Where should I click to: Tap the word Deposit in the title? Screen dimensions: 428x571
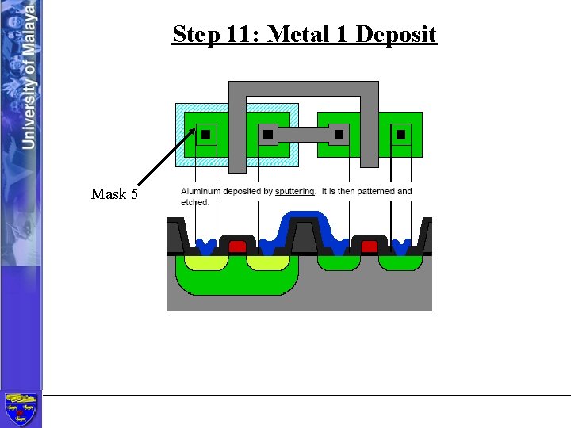coord(397,35)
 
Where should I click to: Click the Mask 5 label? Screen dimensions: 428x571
coord(114,194)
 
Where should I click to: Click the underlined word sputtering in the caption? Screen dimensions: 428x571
coord(295,191)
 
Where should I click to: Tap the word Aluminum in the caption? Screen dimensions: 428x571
coord(201,191)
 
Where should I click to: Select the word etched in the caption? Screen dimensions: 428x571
coord(195,202)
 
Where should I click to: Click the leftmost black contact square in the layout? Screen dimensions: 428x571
coord(206,135)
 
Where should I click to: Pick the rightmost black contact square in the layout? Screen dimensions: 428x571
coord(400,135)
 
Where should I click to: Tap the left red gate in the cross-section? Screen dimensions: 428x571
coord(237,247)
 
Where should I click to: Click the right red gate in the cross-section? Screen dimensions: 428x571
coord(369,247)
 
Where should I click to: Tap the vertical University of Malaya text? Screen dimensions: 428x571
coord(29,75)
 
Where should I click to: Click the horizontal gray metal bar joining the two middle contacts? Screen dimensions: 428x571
coord(304,135)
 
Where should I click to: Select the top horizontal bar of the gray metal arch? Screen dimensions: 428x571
coord(303,89)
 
